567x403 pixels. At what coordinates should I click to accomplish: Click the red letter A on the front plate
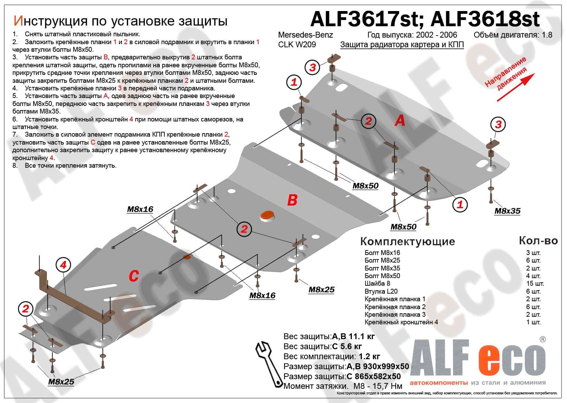(400, 120)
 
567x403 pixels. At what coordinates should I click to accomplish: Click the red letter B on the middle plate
(292, 200)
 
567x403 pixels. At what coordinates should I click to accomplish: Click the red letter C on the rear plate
(134, 276)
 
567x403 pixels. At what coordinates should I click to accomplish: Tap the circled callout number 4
(63, 265)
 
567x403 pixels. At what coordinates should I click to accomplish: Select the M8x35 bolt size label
(507, 211)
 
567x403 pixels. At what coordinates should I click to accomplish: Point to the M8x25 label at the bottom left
(61, 382)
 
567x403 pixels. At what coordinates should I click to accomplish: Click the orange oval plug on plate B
(267, 215)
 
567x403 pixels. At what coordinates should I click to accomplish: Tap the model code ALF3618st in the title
(485, 19)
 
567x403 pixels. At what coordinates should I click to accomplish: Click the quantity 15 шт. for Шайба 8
(535, 284)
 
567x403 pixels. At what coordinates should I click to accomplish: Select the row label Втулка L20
(381, 292)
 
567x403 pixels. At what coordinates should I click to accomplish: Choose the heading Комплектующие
(407, 242)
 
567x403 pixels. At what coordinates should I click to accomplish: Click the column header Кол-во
(538, 241)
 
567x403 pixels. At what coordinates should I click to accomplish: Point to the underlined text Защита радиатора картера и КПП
(402, 45)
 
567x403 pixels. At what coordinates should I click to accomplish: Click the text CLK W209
(297, 45)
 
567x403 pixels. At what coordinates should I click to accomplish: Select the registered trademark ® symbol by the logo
(542, 340)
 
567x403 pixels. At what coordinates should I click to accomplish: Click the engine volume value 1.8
(547, 35)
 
